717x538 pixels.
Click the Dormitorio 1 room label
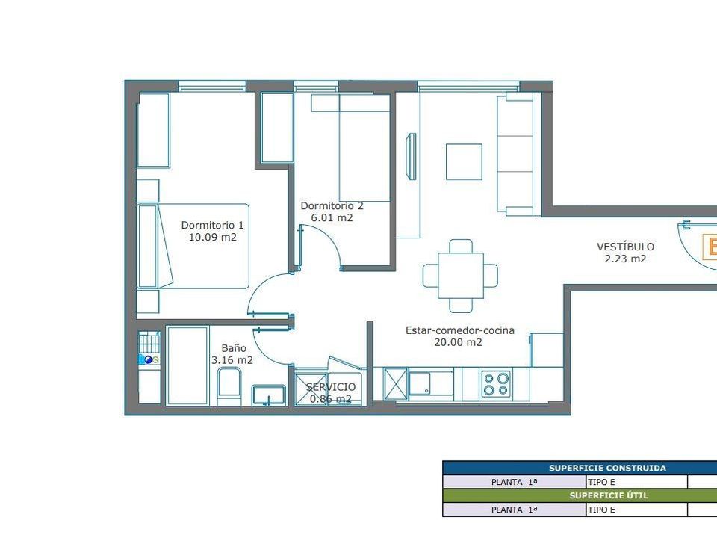pyautogui.click(x=213, y=225)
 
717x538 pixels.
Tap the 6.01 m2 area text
pyautogui.click(x=332, y=217)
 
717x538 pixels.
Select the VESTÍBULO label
pyautogui.click(x=625, y=247)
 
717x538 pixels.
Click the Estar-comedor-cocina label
pyautogui.click(x=460, y=330)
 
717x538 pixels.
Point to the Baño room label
pyautogui.click(x=234, y=348)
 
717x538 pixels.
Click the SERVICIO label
pyautogui.click(x=331, y=387)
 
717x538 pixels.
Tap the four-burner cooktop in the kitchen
pyautogui.click(x=497, y=384)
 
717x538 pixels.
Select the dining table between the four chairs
pyautogui.click(x=461, y=276)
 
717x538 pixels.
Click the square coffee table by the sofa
pyautogui.click(x=464, y=162)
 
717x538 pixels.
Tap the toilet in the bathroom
pyautogui.click(x=229, y=387)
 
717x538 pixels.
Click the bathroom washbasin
pyautogui.click(x=269, y=395)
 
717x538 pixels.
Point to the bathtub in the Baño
pyautogui.click(x=187, y=365)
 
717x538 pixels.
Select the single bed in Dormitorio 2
pyautogui.click(x=364, y=148)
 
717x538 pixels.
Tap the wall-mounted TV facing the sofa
pyautogui.click(x=412, y=156)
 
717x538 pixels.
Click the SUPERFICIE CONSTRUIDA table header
pyautogui.click(x=607, y=468)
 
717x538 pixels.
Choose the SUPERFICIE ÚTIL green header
pyautogui.click(x=609, y=495)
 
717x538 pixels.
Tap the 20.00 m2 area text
pyautogui.click(x=458, y=342)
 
